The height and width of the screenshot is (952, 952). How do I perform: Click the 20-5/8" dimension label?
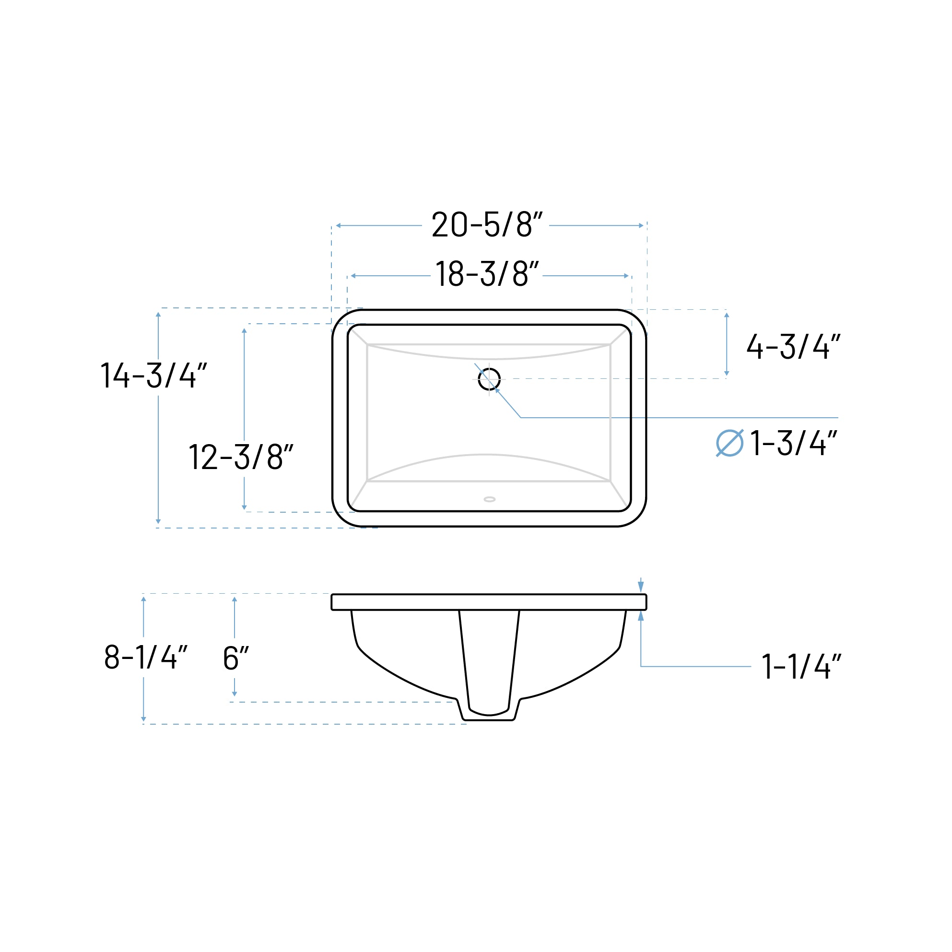tap(487, 225)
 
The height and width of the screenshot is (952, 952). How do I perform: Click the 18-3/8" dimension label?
tap(487, 274)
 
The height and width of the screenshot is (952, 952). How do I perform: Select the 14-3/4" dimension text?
tap(153, 376)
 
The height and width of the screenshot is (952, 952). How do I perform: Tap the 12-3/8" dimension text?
tap(241, 457)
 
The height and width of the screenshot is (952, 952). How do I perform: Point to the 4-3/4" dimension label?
tap(793, 346)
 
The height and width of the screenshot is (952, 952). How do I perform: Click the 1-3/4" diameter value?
tap(794, 443)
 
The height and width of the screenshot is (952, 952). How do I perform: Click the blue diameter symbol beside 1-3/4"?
tap(729, 443)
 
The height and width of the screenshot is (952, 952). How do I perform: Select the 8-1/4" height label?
tap(146, 657)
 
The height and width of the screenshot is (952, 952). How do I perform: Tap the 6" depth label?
tap(235, 658)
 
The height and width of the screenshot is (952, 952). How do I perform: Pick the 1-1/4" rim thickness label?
tap(801, 667)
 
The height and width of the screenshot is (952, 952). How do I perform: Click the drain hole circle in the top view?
tap(489, 379)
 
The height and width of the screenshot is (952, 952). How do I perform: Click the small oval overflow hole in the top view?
tap(489, 499)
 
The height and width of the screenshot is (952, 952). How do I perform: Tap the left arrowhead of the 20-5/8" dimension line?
tap(339, 226)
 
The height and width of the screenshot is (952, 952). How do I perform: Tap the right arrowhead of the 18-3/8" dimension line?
tap(626, 276)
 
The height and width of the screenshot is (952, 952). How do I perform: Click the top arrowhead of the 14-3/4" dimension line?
tap(158, 315)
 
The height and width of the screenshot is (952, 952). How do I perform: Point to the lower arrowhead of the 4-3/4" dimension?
tap(726, 373)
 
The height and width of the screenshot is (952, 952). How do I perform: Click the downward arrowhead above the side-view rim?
tap(641, 587)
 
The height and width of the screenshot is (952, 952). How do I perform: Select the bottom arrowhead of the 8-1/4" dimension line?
tap(143, 719)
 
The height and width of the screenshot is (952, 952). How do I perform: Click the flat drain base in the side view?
tap(489, 720)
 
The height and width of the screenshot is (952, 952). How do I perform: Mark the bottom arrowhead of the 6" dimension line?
tap(235, 694)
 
